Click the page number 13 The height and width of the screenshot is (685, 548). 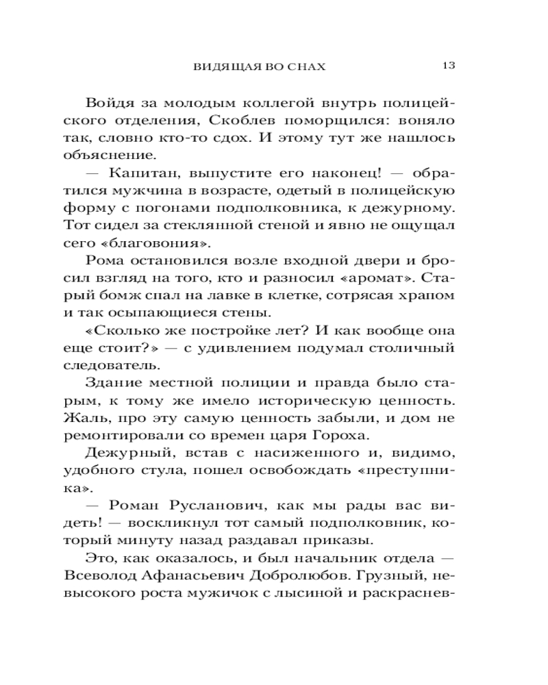click(449, 66)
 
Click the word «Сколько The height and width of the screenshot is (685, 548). click(127, 331)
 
